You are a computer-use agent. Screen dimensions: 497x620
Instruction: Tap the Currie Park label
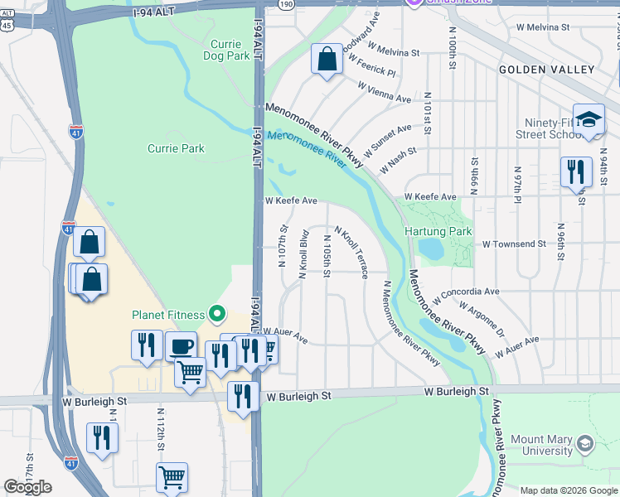[x=176, y=148]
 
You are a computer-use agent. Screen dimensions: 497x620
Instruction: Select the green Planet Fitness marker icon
[x=217, y=313]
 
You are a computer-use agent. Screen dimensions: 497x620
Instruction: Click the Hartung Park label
[x=438, y=232]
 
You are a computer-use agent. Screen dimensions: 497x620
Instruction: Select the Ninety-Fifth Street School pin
[x=589, y=118]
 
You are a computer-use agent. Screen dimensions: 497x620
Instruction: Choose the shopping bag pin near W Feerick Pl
[x=327, y=60]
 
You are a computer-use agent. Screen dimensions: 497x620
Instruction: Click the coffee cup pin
[x=181, y=346]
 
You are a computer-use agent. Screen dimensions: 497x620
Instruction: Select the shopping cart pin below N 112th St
[x=172, y=477]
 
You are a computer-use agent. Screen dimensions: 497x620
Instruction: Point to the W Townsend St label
[x=514, y=244]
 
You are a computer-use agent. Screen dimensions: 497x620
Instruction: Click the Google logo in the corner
[x=28, y=487]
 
